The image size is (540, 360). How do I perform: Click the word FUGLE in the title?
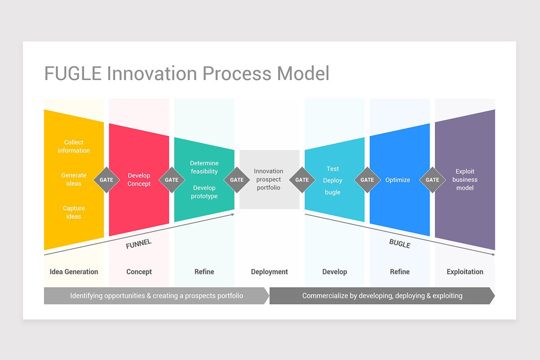pos(73,73)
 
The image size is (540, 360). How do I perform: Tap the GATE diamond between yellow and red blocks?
pos(106,180)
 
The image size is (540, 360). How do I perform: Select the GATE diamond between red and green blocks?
pos(171,180)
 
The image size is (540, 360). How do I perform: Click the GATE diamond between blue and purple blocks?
pos(432,180)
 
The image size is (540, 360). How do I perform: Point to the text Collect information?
pos(74,146)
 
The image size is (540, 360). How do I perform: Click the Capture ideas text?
pos(74,212)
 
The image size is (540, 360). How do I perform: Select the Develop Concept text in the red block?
pos(139,180)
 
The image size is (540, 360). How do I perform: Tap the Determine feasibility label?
pos(204,167)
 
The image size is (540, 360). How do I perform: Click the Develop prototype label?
pos(204,192)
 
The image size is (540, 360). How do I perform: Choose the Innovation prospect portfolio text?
pos(269,180)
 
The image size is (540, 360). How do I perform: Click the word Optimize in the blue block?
pos(397,180)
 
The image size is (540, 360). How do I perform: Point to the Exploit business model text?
pos(465,180)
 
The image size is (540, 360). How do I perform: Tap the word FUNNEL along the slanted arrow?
pos(139,244)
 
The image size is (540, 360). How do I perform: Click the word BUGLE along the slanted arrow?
pos(400,244)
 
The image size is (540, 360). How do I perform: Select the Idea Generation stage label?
pos(74,272)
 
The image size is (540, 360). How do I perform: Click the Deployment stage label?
pos(269,272)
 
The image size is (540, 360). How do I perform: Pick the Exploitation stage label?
pos(465,272)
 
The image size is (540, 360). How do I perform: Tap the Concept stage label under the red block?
pos(139,272)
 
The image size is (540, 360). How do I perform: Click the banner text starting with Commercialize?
pos(382,296)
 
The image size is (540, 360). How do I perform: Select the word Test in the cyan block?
pos(333,169)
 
